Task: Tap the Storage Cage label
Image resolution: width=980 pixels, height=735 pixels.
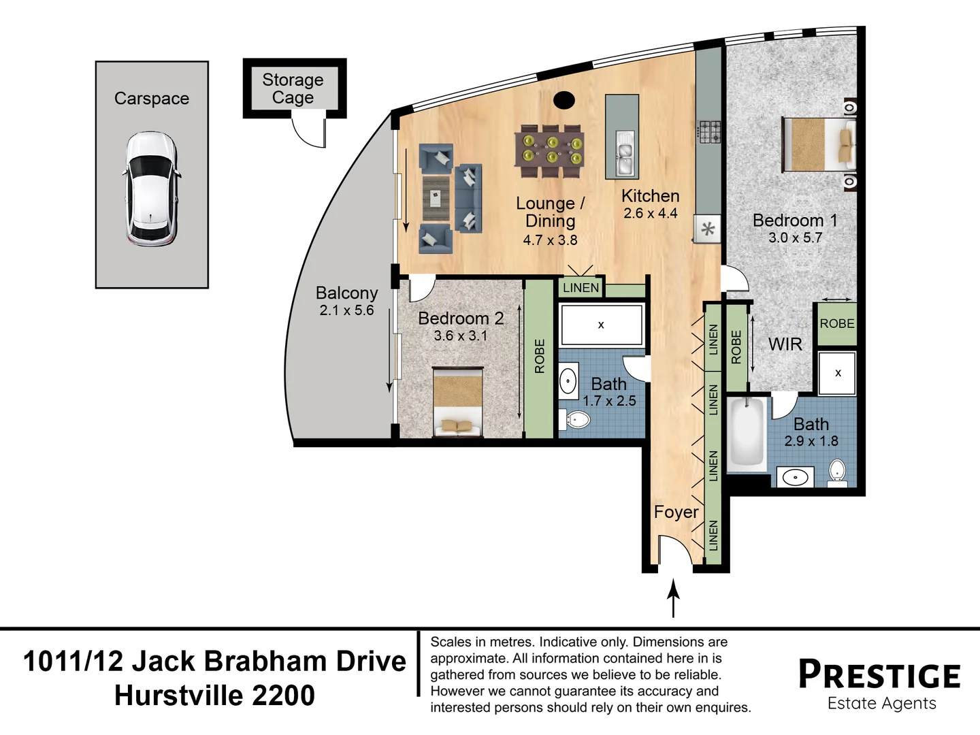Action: tap(293, 88)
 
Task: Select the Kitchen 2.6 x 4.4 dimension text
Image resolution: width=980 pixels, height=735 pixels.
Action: tap(651, 213)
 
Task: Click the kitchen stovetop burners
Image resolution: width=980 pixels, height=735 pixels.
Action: tap(709, 131)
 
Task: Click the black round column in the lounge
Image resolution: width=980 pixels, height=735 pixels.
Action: tap(564, 101)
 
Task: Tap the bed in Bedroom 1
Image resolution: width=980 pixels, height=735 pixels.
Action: tap(819, 144)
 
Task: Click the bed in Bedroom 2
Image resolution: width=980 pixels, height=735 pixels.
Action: tap(457, 402)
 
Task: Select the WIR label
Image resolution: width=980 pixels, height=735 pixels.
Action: tap(785, 344)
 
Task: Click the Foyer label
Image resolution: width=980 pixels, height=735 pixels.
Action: tap(676, 512)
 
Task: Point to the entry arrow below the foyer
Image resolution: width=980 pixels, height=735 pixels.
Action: tap(673, 598)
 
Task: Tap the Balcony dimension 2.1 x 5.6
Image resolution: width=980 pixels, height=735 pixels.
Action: tap(346, 310)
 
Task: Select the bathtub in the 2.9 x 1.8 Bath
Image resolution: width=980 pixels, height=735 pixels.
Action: tap(746, 434)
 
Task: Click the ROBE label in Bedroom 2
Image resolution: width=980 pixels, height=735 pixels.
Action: tap(540, 356)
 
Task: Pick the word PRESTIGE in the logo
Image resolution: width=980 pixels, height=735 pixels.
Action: tap(879, 674)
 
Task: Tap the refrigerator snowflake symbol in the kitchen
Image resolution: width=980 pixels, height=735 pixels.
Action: tap(708, 229)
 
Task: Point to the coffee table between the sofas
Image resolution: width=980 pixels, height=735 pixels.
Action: tap(436, 198)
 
